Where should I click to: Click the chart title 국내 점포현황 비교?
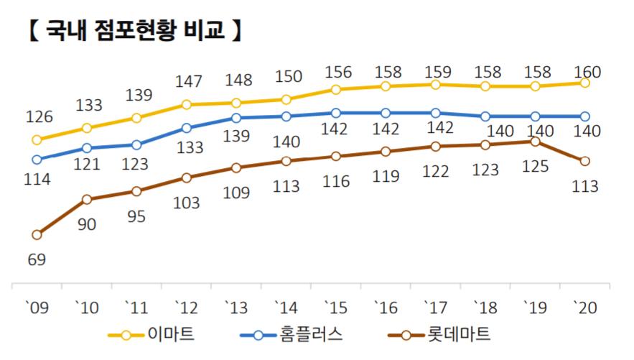[x=134, y=31]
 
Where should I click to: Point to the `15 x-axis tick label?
[x=335, y=307]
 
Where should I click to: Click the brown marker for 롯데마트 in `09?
[x=37, y=234]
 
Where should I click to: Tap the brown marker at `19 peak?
[x=535, y=142]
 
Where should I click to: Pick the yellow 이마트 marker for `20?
[x=585, y=83]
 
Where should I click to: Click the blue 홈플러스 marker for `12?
[x=187, y=128]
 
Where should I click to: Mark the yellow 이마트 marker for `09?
[x=37, y=139]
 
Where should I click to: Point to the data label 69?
[x=37, y=259]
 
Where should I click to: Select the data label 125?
[x=535, y=167]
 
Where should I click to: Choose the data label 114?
[x=37, y=180]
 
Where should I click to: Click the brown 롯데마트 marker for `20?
[x=585, y=161]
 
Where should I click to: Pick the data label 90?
[x=86, y=224]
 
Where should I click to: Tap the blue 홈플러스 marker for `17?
[x=436, y=113]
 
